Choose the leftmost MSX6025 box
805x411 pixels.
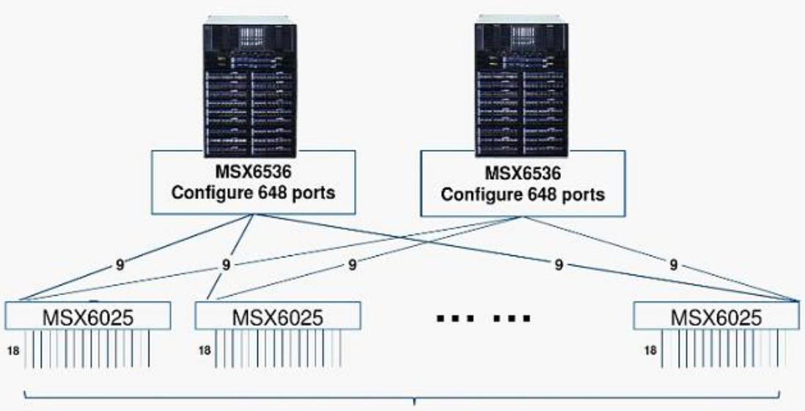87,316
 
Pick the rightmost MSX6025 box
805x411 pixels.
716,316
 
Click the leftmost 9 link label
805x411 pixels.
120,265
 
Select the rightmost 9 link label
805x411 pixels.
673,265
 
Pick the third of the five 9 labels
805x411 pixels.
352,265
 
